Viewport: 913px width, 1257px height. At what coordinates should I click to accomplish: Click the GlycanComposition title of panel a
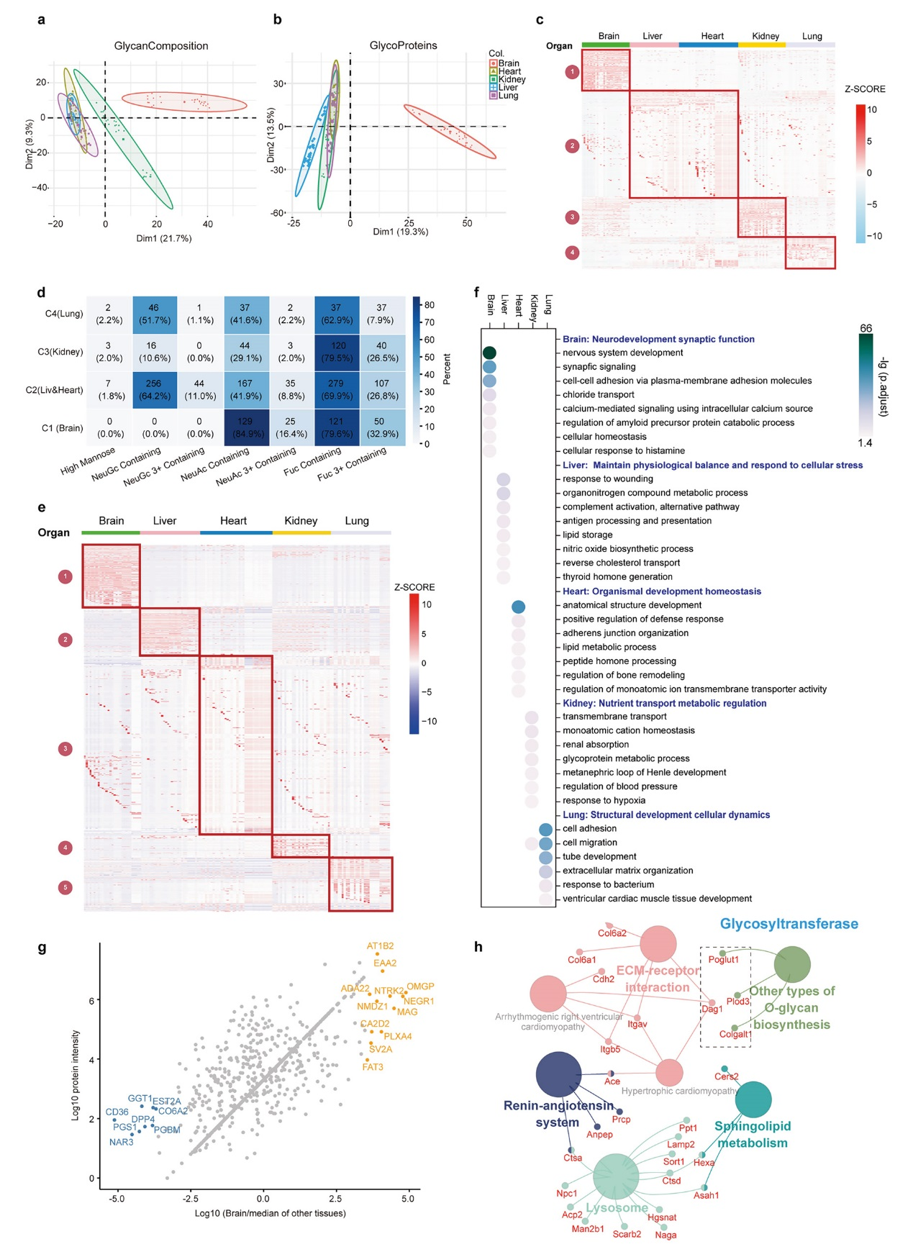(161, 46)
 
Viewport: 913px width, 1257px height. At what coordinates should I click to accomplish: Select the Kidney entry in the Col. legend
(512, 80)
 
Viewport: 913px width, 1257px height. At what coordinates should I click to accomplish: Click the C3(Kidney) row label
(60, 352)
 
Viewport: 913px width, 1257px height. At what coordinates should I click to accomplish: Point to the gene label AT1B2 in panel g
(380, 946)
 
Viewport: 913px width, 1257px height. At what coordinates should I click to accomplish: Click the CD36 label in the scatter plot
(117, 1112)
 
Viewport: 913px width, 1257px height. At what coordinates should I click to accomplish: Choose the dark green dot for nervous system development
(489, 353)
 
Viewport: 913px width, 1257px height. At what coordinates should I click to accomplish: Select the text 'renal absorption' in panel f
(596, 745)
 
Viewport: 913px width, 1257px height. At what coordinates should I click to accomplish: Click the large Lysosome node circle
(616, 1177)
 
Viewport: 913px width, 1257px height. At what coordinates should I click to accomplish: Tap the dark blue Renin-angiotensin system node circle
(559, 1074)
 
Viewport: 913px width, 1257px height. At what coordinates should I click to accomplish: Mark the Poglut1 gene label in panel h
(724, 959)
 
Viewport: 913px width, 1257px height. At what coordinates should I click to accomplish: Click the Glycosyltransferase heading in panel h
(789, 924)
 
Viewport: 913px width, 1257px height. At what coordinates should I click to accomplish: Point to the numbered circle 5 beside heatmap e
(65, 887)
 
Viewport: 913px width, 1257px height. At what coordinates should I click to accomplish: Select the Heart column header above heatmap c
(712, 36)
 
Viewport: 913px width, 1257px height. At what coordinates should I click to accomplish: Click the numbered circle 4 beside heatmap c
(572, 253)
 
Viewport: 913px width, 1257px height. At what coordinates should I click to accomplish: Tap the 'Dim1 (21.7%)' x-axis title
(164, 238)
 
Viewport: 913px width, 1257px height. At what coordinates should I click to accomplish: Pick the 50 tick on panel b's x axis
(467, 223)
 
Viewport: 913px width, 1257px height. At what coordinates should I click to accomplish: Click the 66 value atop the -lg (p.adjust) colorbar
(866, 328)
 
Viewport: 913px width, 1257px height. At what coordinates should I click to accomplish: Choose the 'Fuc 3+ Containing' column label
(353, 464)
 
